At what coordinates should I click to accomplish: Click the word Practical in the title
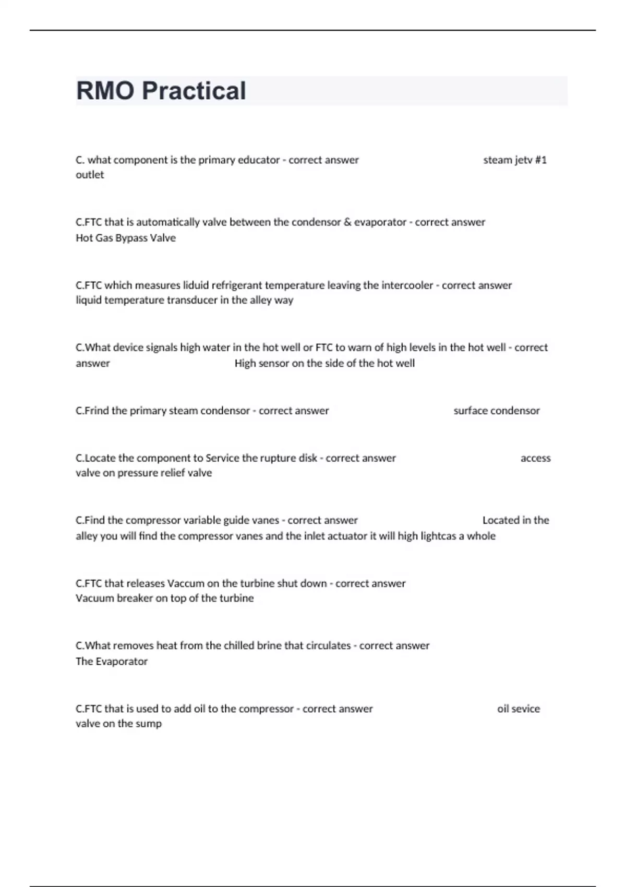(194, 91)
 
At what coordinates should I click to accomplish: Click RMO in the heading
(105, 91)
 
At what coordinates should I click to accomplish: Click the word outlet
(90, 175)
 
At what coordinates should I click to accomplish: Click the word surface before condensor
(471, 411)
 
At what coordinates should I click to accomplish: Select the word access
(535, 458)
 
